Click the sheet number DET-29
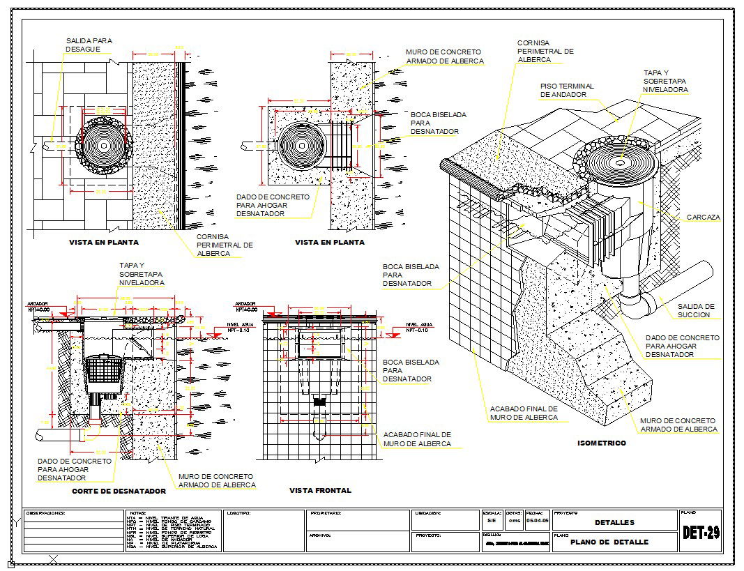(x=701, y=533)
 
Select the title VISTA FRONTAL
(x=320, y=491)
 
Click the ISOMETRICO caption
(x=602, y=443)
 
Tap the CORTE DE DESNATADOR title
(x=119, y=492)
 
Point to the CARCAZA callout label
(x=703, y=218)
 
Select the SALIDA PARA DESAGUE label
(x=89, y=45)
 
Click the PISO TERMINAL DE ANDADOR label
(x=567, y=90)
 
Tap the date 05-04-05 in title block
(x=537, y=521)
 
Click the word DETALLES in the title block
(x=614, y=522)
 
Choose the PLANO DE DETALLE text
(x=609, y=542)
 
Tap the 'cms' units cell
(x=514, y=521)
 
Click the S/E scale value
(x=492, y=521)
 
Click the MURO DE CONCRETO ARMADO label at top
(x=444, y=56)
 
